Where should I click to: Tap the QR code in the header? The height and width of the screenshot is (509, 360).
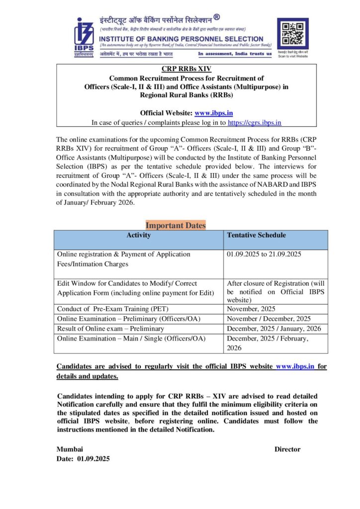point(292,33)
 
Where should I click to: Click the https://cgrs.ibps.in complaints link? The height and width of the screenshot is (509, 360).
point(255,122)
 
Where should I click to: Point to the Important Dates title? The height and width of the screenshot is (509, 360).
point(176,225)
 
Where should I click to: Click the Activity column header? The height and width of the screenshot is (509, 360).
point(138,235)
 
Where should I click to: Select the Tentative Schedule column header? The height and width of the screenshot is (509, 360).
point(256,235)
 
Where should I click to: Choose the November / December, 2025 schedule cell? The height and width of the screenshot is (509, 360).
point(269,319)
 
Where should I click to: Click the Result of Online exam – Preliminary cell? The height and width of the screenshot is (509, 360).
point(110,329)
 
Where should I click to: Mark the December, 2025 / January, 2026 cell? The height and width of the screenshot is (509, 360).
point(273,329)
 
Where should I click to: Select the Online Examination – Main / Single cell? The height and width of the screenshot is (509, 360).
point(131,339)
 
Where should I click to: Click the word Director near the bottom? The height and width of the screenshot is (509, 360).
point(287,449)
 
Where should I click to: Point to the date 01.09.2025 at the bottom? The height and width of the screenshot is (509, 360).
point(93,458)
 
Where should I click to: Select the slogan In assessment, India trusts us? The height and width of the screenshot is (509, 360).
point(235,54)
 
